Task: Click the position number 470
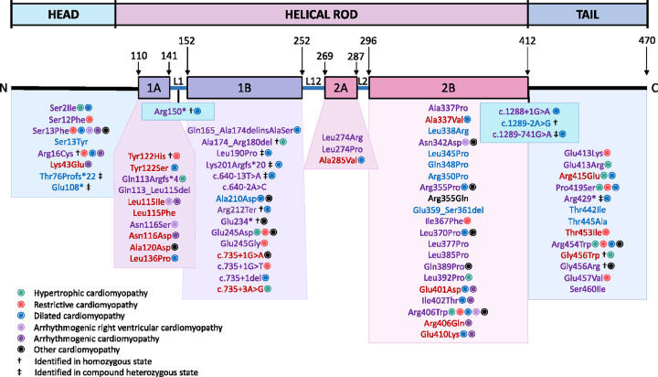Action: pyautogui.click(x=646, y=44)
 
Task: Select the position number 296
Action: pyautogui.click(x=368, y=44)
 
